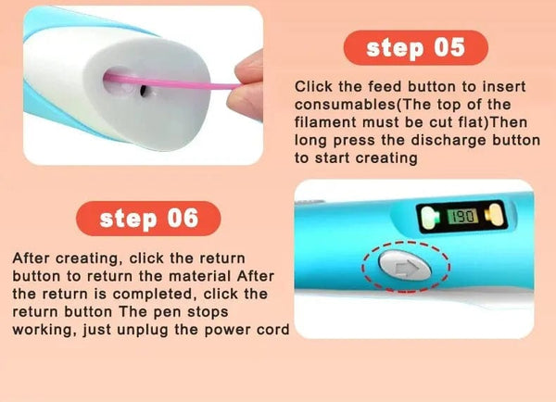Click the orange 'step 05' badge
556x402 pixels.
tap(416, 48)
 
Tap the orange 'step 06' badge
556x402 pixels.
tap(149, 219)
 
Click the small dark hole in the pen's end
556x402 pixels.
tap(142, 92)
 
